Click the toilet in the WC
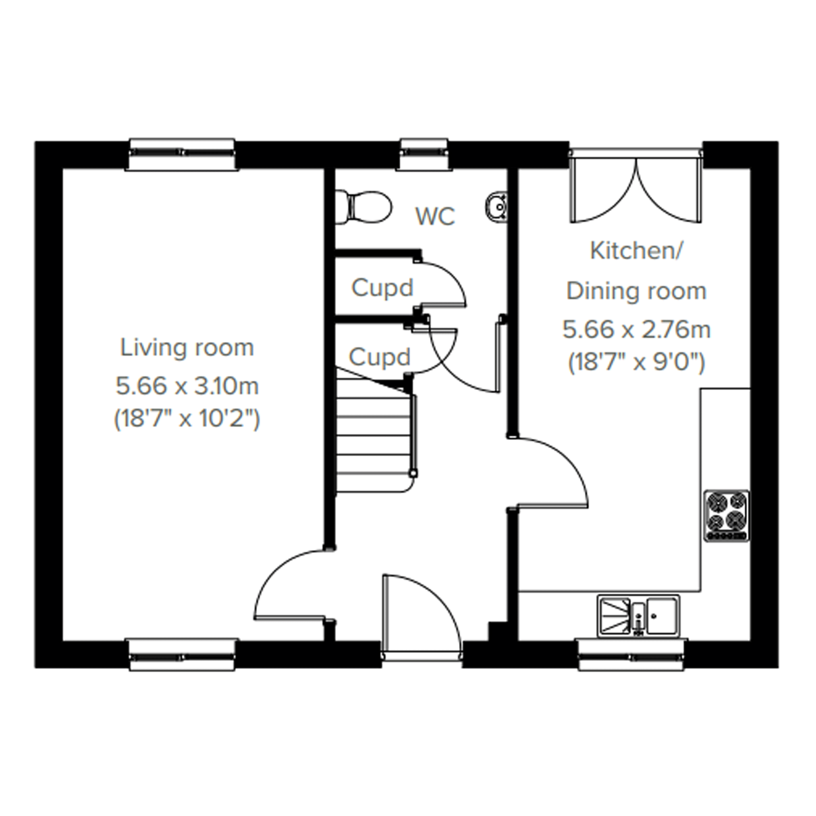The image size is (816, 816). (363, 207)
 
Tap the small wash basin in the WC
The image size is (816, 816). (497, 207)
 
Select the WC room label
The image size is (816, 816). (436, 216)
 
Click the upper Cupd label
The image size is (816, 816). (382, 288)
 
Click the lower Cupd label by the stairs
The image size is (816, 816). (380, 357)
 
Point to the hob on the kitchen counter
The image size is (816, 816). (727, 516)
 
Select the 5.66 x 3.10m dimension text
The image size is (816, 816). (187, 386)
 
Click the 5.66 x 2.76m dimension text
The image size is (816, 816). (637, 330)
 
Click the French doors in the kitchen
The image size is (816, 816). (635, 186)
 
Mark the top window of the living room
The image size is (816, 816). (182, 155)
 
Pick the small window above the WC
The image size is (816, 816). (424, 155)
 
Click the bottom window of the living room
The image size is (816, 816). (182, 656)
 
